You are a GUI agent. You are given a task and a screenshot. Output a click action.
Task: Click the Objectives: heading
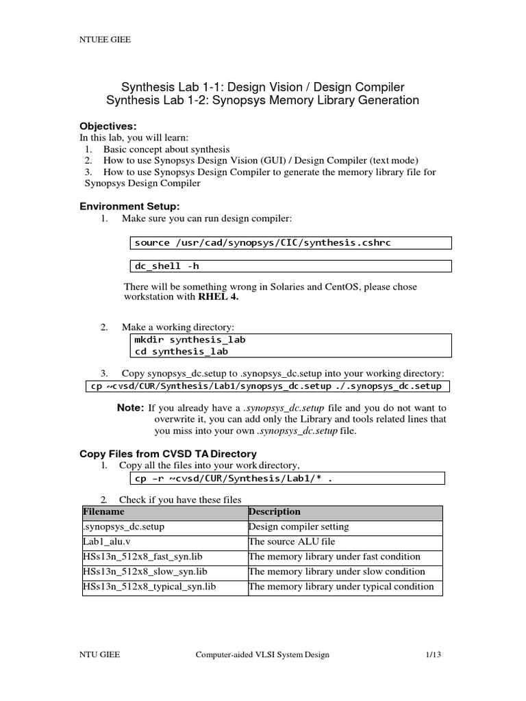[108, 126]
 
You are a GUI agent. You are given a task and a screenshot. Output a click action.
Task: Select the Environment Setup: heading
[129, 206]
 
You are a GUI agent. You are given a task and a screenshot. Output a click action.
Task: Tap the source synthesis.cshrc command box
[290, 243]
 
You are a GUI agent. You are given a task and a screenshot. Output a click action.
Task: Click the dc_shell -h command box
[290, 266]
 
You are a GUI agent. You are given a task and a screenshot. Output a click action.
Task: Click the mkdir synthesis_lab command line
[190, 340]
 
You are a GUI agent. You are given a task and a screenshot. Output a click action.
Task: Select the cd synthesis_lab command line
[181, 351]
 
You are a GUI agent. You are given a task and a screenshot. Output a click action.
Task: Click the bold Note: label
[130, 408]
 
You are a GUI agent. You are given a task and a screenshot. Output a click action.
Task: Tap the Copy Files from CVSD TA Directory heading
[168, 453]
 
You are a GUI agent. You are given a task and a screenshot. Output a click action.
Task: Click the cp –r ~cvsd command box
[287, 479]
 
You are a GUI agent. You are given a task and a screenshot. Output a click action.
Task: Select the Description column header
[275, 512]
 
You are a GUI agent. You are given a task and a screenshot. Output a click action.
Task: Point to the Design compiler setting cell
[299, 527]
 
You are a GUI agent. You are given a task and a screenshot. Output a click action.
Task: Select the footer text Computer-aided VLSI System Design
[262, 655]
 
